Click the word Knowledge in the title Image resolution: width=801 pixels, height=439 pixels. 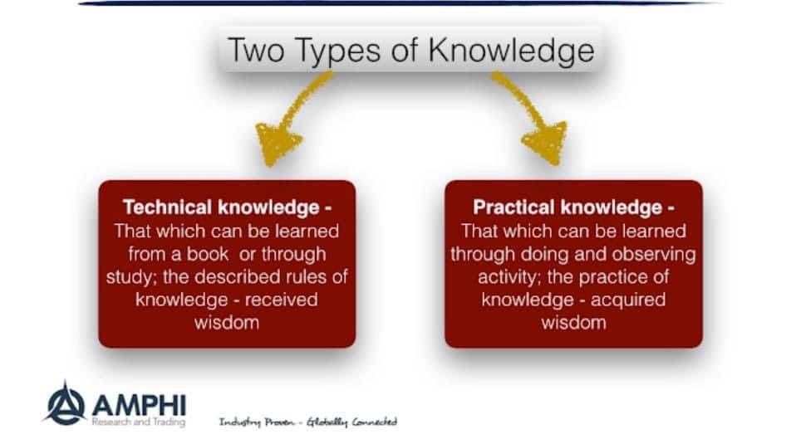point(511,51)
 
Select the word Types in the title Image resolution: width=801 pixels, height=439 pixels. point(337,51)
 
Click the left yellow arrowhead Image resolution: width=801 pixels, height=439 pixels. point(278,143)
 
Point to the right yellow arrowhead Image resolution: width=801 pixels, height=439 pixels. point(547,142)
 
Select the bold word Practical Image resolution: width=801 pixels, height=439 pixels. point(514,207)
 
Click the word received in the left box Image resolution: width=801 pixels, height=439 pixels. point(281,299)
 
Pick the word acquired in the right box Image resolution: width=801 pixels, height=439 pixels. point(628,300)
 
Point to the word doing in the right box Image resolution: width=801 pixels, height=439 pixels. point(542,254)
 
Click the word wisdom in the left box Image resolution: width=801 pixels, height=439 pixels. point(226,323)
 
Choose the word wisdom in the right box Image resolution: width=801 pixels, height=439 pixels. point(573,323)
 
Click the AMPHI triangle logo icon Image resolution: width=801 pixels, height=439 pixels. point(66,404)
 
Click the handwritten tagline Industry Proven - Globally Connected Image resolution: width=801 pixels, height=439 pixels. point(308,422)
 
